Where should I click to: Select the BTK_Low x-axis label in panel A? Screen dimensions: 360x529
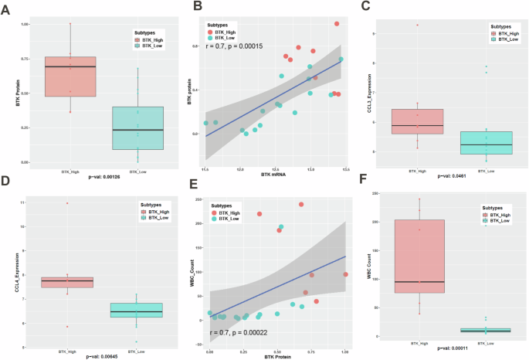point(137,172)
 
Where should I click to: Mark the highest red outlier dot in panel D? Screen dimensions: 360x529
point(68,203)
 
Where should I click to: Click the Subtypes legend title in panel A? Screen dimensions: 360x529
point(143,32)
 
